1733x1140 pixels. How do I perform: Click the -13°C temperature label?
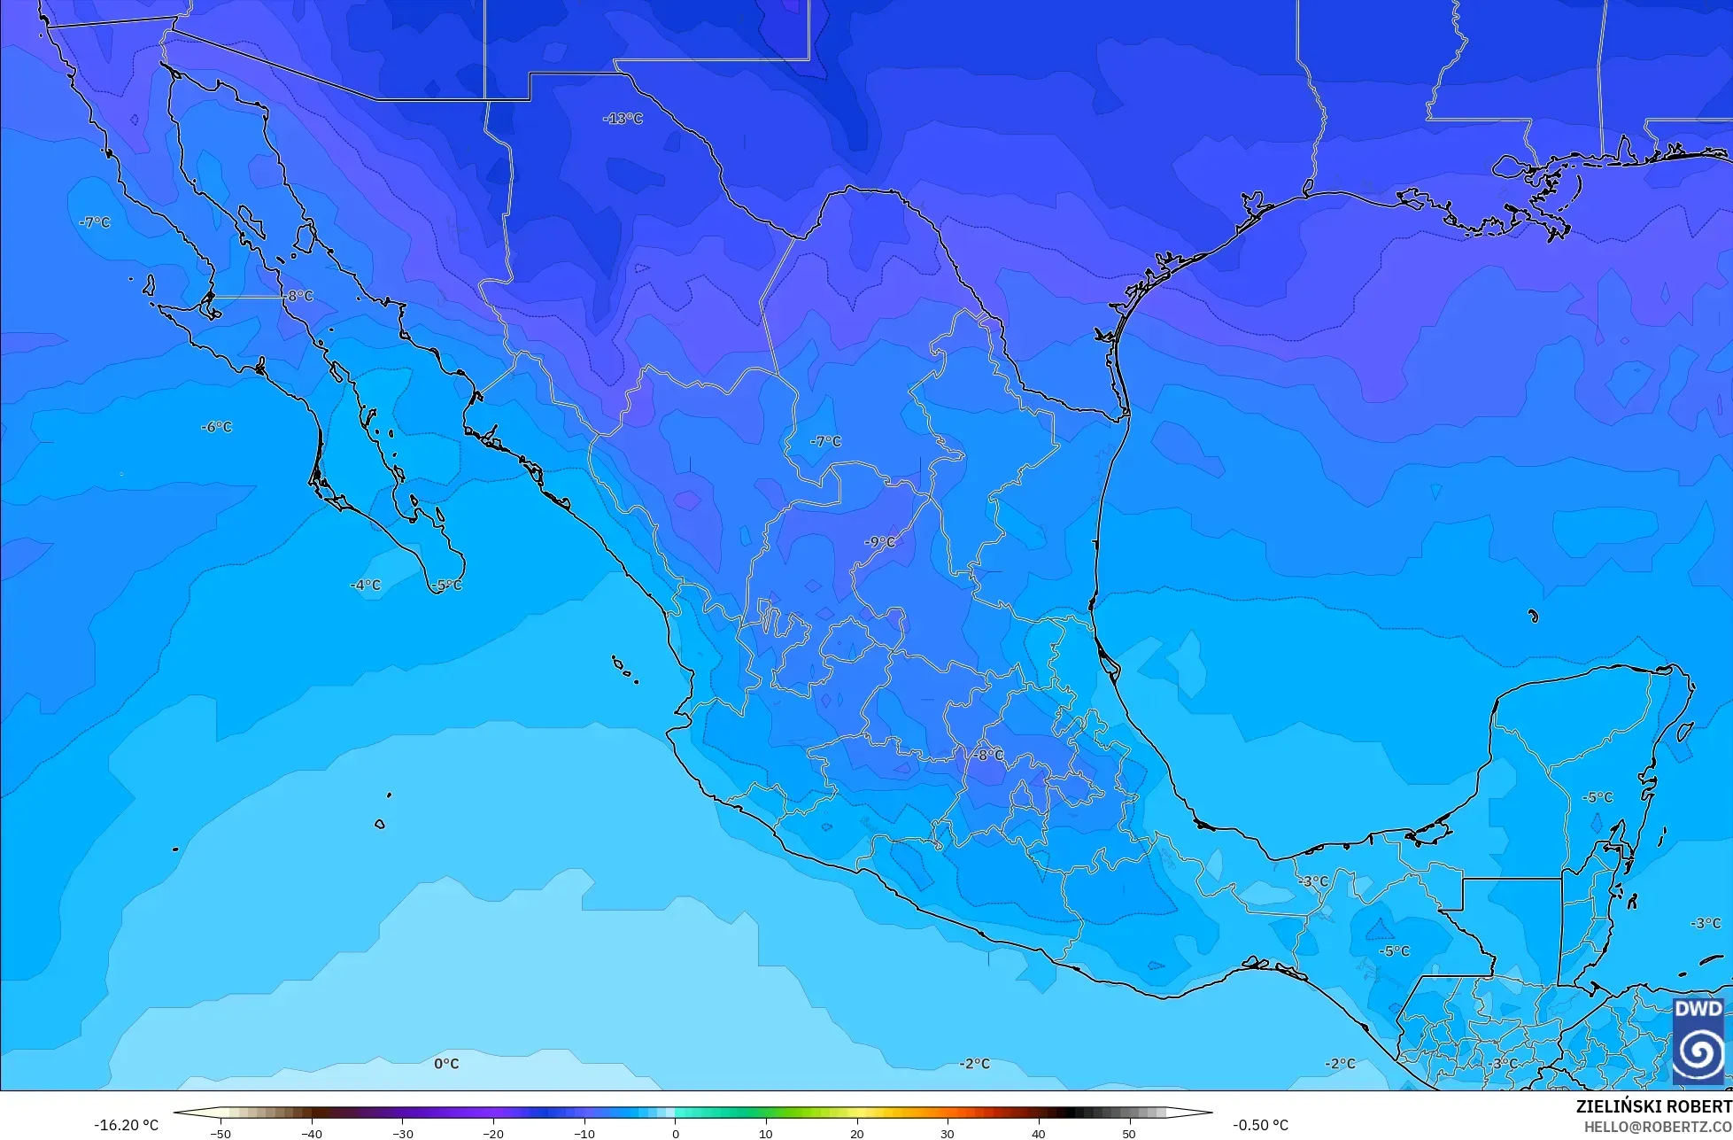point(623,119)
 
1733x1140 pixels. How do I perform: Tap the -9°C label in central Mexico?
point(880,542)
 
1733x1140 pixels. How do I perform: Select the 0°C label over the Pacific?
point(446,1064)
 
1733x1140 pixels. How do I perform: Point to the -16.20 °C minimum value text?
point(127,1125)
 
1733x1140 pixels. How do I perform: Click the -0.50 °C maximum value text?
point(1260,1125)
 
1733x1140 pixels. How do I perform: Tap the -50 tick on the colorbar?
point(221,1133)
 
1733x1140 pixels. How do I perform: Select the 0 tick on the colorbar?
point(675,1133)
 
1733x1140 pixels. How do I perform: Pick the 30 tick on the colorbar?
point(947,1133)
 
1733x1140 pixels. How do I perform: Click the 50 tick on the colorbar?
point(1128,1133)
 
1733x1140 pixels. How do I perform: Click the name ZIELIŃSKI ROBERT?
point(1653,1107)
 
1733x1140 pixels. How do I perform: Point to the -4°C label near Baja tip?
point(365,586)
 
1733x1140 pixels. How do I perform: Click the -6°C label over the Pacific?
point(216,427)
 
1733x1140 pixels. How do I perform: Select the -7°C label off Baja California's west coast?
point(95,222)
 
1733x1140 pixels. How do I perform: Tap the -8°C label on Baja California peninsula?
point(298,296)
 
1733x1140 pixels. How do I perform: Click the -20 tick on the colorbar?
point(493,1133)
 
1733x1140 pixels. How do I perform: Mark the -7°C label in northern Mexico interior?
point(825,441)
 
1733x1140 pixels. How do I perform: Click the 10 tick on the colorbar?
point(765,1133)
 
